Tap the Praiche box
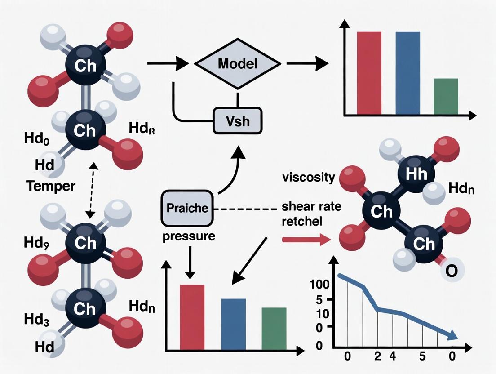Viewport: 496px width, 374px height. tap(187, 208)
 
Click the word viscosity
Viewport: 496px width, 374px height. tap(308, 177)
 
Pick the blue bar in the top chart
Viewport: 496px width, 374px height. tap(407, 73)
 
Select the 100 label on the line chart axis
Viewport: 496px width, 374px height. tap(319, 284)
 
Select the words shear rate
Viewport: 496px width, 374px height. tap(311, 207)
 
